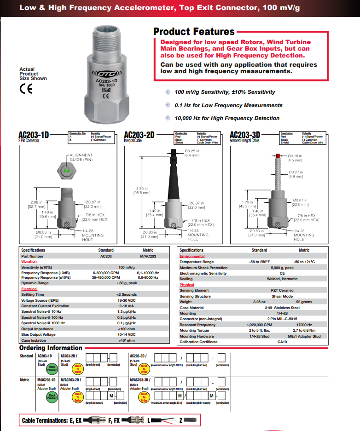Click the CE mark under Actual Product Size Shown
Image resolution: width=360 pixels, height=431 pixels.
coord(26,89)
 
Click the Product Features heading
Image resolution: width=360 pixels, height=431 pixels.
coord(194,32)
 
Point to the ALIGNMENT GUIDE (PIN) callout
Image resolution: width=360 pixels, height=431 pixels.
coord(81,157)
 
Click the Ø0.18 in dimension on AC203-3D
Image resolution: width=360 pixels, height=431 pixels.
coord(295,158)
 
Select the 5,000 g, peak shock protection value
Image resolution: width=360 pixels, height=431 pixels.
coord(282,268)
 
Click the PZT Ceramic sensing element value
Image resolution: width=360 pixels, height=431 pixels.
coord(282,291)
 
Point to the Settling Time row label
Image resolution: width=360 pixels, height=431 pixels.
coord(33,294)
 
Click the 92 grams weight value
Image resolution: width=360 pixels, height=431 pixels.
coord(304,302)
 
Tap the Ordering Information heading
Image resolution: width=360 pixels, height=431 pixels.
coord(51,348)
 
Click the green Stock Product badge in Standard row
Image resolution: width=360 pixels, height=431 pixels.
coord(52,368)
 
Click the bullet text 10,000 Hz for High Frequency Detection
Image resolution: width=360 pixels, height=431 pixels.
coord(227,118)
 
